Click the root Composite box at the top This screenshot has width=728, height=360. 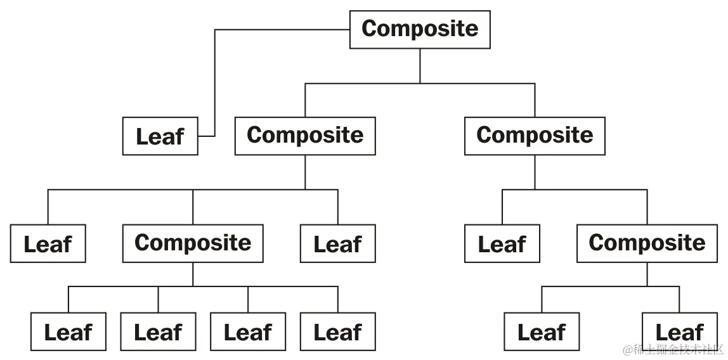420,29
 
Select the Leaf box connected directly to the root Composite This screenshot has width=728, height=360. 160,136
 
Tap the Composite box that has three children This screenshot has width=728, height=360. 305,136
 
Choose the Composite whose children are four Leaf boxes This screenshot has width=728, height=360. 193,243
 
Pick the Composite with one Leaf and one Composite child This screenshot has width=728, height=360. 535,136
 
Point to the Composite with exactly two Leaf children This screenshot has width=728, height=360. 647,243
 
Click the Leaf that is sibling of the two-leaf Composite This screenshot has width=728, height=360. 502,243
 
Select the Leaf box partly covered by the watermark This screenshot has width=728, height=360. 679,331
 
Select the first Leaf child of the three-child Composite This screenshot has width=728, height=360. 48,244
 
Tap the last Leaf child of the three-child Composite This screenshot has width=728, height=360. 337,244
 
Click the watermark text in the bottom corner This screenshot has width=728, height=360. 673,350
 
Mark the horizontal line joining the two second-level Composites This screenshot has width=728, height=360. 420,84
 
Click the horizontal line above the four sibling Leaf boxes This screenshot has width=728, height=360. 203,286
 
